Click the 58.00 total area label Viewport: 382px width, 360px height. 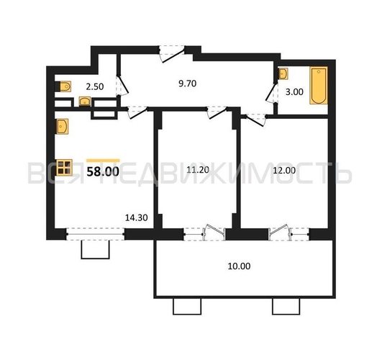tap(103, 172)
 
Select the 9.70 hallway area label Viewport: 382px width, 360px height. tap(188, 84)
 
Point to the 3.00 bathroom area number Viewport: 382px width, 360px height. tap(293, 91)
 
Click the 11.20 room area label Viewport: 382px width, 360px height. tap(196, 171)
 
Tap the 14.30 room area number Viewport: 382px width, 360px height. tap(135, 215)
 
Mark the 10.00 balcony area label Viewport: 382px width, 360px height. tap(240, 266)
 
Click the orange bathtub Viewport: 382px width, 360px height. tap(317, 86)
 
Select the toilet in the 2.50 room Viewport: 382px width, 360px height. tap(63, 86)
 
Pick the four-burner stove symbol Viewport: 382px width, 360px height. tap(64, 168)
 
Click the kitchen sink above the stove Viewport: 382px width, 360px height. tap(63, 128)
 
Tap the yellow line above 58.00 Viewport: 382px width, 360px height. tap(103, 161)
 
